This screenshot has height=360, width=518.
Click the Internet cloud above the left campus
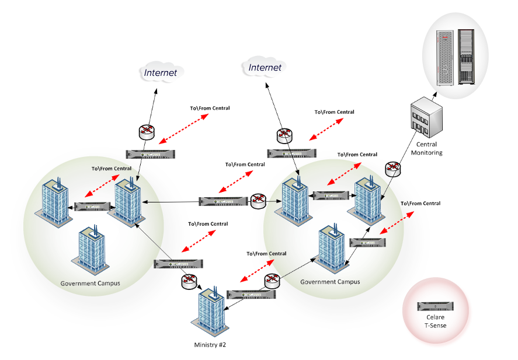pos(160,72)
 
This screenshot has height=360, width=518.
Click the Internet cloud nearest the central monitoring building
pos(265,67)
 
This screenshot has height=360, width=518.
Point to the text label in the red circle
pos(435,325)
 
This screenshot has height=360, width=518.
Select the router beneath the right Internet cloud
pos(284,134)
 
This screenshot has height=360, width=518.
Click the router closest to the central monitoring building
pos(392,169)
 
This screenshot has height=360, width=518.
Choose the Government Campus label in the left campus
pos(91,283)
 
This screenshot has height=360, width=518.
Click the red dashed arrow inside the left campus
pos(97,189)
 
